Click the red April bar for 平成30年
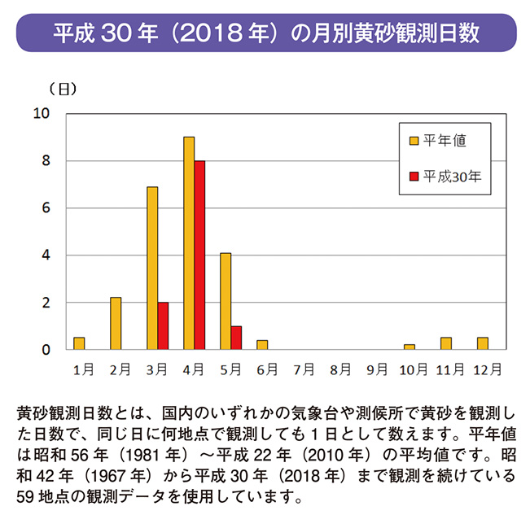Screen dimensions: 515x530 (199, 255)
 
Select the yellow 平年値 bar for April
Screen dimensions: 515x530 (189, 243)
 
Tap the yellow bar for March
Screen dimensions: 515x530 (152, 268)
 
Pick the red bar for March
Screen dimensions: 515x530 (163, 325)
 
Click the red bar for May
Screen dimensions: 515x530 (236, 338)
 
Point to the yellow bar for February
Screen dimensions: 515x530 (116, 324)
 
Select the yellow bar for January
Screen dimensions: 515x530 (79, 343)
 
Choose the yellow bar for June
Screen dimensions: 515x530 (262, 345)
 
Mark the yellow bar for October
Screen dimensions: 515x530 (409, 347)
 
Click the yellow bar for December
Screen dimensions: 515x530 (483, 343)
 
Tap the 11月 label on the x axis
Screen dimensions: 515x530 (450, 369)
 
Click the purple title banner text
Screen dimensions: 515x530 (265, 33)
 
